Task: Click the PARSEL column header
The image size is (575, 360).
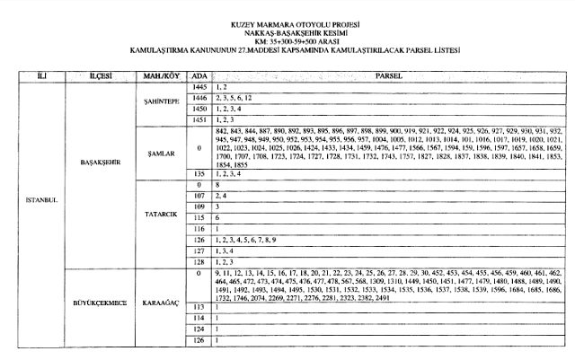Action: point(388,76)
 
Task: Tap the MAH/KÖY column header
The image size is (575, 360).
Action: point(157,76)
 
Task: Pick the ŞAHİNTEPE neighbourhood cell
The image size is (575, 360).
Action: point(157,102)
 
